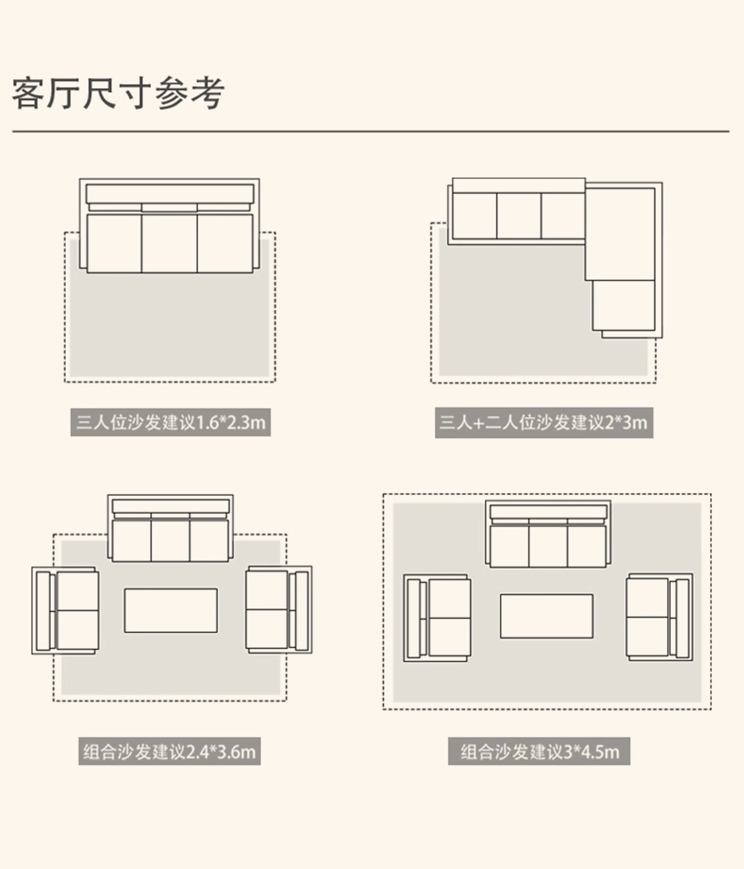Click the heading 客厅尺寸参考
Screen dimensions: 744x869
(118, 93)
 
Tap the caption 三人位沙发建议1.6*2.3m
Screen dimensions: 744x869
(171, 422)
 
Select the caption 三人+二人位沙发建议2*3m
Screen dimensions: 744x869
(543, 423)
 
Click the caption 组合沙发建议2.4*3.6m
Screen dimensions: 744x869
(170, 751)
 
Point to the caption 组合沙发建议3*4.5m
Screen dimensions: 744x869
(539, 752)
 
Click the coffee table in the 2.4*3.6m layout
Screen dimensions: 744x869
(171, 610)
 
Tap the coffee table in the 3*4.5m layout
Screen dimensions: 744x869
(546, 616)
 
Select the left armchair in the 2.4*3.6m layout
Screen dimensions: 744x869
(65, 611)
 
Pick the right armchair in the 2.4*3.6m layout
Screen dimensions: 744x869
(279, 610)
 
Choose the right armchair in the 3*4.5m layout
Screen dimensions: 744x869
(660, 617)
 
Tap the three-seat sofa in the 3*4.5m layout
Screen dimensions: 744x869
(548, 535)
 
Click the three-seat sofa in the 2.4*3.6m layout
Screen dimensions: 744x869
(171, 528)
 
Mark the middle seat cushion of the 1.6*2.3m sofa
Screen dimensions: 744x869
(170, 243)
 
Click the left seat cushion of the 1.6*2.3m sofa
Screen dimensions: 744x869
(114, 243)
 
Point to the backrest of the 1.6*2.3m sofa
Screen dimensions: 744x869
(170, 194)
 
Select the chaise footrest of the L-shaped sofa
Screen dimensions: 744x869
(623, 305)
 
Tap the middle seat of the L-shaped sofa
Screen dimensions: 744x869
(519, 216)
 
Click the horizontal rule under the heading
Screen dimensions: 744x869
(371, 131)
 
